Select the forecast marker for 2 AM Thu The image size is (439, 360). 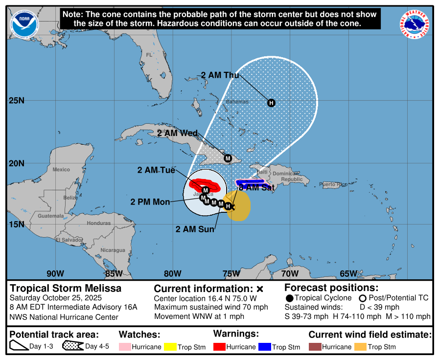point(271,103)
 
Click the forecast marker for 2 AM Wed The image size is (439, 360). point(228,158)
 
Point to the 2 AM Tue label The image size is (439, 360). point(156,170)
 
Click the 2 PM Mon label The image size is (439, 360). point(150,202)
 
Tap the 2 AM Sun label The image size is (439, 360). point(195,228)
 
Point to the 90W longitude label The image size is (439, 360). point(55,273)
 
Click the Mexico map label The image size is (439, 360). point(61,170)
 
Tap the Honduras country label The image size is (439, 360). point(98,223)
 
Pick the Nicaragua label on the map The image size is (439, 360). point(113,250)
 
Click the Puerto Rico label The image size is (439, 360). point(333,184)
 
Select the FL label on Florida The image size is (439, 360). point(149,55)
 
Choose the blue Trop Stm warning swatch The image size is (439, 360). point(264,347)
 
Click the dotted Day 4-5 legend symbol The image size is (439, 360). point(73,346)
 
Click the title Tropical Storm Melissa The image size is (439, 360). point(66,288)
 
